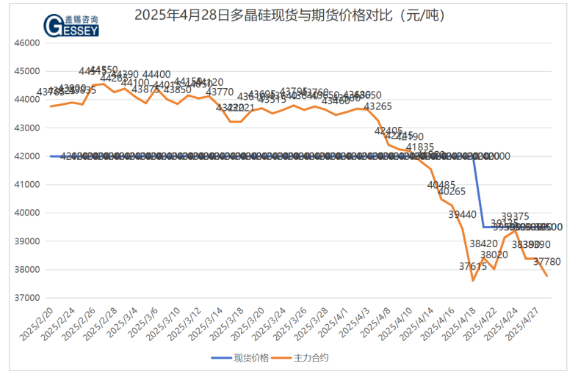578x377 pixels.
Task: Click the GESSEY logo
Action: tap(71, 25)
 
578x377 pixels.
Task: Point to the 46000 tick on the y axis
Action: tap(26, 43)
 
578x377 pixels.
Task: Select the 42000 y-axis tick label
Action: tap(26, 156)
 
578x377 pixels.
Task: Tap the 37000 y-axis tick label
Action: tap(26, 298)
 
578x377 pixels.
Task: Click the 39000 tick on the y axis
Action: tap(26, 241)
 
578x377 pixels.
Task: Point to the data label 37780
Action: tap(547, 262)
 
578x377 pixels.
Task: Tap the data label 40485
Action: tap(441, 185)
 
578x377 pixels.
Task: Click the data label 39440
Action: tap(462, 214)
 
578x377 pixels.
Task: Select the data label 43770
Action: tap(220, 92)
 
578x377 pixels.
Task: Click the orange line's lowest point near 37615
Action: tap(473, 280)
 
